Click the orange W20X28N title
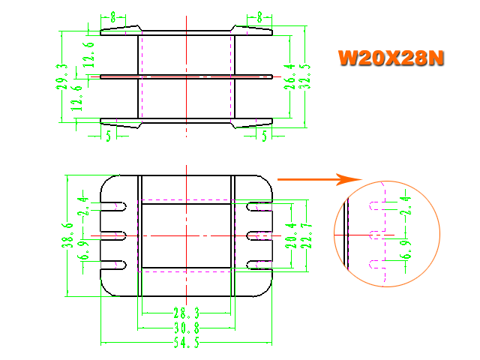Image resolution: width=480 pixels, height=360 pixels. (391, 58)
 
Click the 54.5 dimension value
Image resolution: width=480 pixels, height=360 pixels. (187, 343)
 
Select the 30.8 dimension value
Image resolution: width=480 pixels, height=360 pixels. (187, 328)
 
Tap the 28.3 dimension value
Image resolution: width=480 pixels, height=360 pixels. (187, 313)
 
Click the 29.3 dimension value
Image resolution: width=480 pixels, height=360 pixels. (61, 76)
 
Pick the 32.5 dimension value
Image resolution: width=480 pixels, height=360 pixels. (304, 76)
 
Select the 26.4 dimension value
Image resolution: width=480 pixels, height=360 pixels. (289, 76)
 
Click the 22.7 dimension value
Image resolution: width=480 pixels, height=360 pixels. (307, 235)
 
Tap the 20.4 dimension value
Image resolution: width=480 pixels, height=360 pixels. (291, 235)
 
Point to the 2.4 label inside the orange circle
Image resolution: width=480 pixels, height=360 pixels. (406, 205)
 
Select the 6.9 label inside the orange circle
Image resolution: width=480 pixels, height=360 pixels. (406, 250)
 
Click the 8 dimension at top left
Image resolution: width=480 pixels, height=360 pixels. (113, 17)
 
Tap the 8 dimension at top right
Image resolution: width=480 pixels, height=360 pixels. (259, 17)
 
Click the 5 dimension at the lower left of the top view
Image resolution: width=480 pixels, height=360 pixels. (109, 136)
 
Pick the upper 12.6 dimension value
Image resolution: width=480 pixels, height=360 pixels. (88, 55)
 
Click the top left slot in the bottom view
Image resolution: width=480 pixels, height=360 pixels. (113, 207)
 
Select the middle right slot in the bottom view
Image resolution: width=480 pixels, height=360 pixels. (259, 235)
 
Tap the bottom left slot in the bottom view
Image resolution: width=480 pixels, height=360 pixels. (113, 265)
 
